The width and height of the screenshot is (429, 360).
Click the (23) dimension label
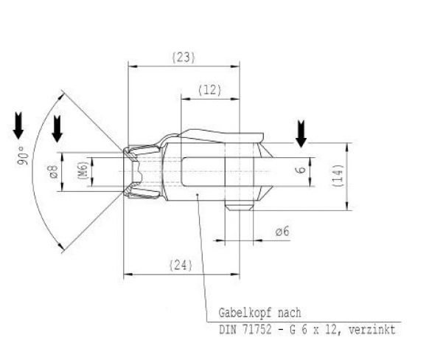coord(183,57)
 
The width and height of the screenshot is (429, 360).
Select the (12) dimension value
coord(210,90)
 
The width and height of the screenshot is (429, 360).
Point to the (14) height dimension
coord(337,175)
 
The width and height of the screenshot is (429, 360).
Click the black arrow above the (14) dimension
coord(300,134)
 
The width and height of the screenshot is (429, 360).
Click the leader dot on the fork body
coord(199,195)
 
